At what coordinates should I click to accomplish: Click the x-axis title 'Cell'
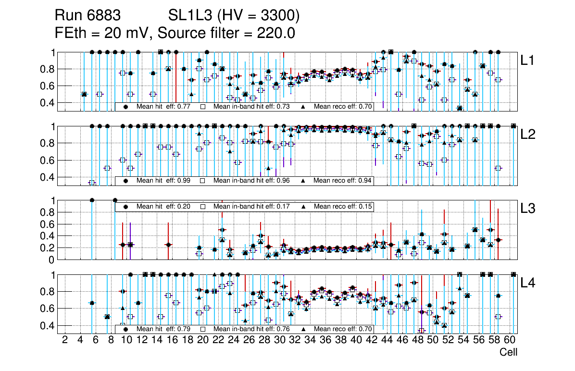(508, 352)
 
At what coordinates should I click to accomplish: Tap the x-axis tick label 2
(65, 340)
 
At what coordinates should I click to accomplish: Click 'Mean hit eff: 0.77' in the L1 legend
(163, 107)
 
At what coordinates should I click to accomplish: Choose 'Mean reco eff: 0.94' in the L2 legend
(343, 181)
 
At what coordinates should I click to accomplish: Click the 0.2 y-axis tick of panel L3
(50, 248)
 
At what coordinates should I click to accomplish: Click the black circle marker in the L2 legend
(126, 181)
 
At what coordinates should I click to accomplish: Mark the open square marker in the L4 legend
(203, 329)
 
